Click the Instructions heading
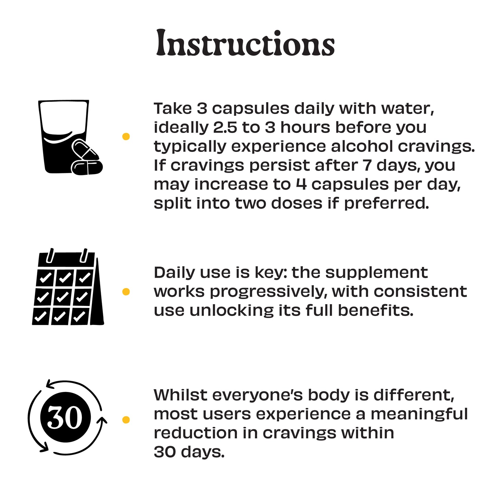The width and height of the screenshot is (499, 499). click(245, 43)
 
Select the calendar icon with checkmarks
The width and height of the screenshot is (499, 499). click(68, 286)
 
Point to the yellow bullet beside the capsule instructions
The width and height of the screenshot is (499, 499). click(126, 136)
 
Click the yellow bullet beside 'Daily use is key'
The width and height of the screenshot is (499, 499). click(126, 291)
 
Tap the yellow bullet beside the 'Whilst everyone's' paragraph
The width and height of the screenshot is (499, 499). click(126, 420)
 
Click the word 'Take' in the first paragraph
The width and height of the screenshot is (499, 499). click(173, 108)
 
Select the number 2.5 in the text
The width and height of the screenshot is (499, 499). click(225, 127)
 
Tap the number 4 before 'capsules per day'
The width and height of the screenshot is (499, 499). click(301, 184)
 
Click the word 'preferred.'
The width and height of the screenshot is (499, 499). click(386, 204)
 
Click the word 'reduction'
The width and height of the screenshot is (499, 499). click(195, 433)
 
